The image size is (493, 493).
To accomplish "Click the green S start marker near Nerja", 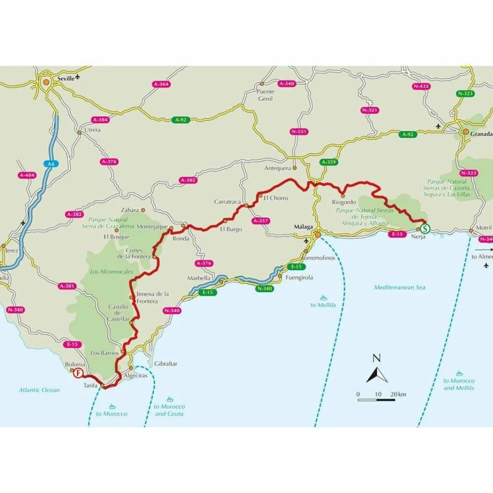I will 425,229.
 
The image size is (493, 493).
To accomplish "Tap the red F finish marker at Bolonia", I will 79,372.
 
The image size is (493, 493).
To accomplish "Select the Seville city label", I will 66,79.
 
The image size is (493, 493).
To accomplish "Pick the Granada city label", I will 481,134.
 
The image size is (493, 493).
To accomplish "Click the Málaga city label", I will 303,227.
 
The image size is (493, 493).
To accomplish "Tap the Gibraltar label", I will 166,364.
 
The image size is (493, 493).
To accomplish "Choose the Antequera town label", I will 278,168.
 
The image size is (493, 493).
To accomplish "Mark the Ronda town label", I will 181,238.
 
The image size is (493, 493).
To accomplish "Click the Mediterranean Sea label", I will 399,287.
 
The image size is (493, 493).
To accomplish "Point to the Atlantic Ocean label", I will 39,390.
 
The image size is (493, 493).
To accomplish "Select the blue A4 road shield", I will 51,164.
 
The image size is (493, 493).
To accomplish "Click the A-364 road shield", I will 161,84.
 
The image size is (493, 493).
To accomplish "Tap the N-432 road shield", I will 421,86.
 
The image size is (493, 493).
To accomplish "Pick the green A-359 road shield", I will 329,162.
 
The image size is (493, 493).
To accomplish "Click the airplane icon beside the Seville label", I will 78,77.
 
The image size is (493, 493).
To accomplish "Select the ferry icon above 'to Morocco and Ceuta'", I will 169,399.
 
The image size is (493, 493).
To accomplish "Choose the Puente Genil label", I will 265,95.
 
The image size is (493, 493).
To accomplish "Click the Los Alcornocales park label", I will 111,272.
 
